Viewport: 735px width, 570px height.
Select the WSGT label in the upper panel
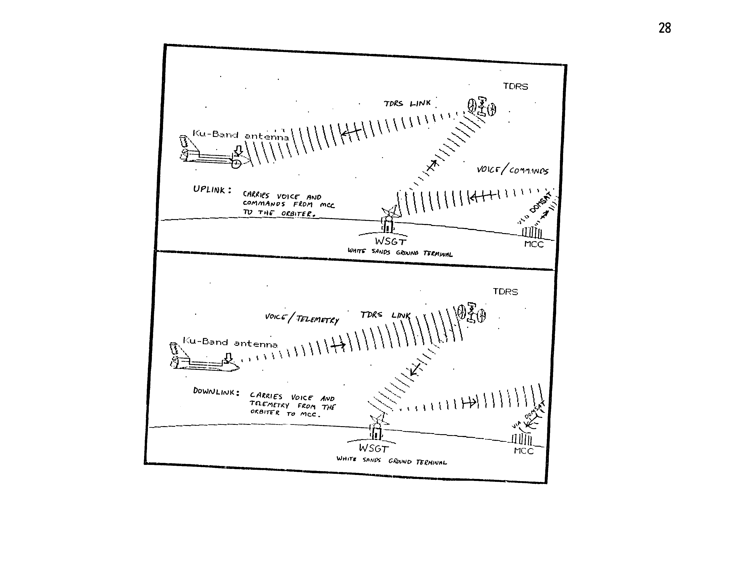[390, 241]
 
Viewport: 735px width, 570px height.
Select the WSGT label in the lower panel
[374, 448]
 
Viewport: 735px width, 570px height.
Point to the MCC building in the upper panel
[532, 232]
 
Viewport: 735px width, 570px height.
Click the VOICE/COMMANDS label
[512, 170]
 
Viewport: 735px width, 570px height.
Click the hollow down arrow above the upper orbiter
[238, 151]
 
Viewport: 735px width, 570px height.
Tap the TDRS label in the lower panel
[505, 292]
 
